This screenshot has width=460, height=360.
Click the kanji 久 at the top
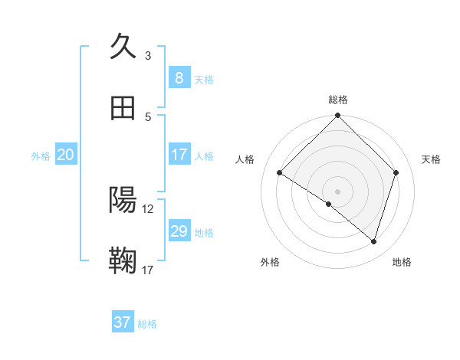click(123, 47)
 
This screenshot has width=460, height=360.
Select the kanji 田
click(123, 109)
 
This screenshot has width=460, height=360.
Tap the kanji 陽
click(123, 201)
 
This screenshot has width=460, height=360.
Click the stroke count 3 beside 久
click(148, 55)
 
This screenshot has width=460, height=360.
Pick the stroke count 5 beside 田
click(148, 116)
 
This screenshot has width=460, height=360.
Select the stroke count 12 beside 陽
click(148, 208)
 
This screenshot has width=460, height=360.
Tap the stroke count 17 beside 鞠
click(148, 270)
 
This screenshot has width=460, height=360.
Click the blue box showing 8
click(179, 77)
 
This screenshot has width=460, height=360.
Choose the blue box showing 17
click(179, 155)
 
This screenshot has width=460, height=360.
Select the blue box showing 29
click(179, 231)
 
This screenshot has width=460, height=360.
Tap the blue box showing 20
click(66, 155)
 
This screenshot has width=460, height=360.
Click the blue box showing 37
click(123, 322)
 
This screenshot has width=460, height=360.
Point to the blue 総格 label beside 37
click(147, 324)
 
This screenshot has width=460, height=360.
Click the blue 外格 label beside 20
click(41, 156)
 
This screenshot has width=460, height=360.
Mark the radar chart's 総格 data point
click(337, 116)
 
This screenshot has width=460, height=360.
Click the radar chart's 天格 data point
click(396, 172)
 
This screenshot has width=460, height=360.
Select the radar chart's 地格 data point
click(373, 242)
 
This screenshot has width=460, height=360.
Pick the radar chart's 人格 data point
click(280, 173)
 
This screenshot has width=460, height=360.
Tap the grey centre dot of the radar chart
click(337, 191)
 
